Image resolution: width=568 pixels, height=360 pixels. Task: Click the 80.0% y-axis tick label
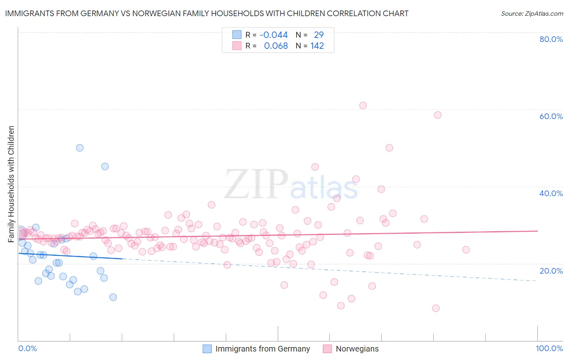[551, 39]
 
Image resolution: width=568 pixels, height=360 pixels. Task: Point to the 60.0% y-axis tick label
[551, 116]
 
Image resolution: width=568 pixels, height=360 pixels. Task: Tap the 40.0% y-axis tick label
[551, 193]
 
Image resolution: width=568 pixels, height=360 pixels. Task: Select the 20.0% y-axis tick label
[551, 271]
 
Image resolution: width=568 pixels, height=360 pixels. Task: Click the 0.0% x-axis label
[27, 349]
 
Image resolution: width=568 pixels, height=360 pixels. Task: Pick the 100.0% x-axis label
[549, 349]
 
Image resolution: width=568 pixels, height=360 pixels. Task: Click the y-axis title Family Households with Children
[11, 184]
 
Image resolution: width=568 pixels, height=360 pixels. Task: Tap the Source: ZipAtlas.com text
[532, 14]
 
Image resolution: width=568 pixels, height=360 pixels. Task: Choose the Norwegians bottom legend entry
[357, 349]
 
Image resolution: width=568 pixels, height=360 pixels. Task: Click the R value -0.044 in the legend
[273, 35]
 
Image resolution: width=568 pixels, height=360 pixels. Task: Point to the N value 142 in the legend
[317, 46]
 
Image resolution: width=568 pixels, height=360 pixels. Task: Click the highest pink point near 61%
[363, 105]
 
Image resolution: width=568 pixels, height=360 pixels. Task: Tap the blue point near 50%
[80, 148]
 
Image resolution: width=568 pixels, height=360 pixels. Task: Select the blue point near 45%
[105, 166]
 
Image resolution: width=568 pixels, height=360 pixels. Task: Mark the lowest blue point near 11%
[113, 297]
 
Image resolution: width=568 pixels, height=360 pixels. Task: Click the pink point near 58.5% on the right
[438, 115]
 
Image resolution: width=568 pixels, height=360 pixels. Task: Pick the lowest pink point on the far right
[435, 308]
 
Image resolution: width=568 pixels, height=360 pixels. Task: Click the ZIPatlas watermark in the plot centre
[291, 184]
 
